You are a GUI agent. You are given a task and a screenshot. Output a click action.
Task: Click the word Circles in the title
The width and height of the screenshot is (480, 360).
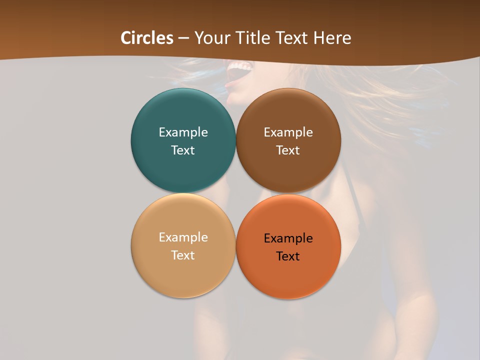tap(146, 38)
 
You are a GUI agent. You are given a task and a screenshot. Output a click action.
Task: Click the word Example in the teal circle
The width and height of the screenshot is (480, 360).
tap(183, 132)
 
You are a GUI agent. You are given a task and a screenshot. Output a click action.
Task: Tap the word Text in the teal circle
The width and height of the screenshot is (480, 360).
tap(183, 150)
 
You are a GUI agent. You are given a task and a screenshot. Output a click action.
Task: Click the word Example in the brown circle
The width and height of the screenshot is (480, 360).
tap(288, 132)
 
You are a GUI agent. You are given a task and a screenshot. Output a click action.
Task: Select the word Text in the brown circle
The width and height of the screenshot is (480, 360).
tap(288, 150)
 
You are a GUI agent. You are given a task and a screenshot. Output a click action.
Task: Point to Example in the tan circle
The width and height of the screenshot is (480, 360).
tap(183, 237)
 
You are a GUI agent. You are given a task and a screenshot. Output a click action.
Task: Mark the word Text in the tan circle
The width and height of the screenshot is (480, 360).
tap(183, 255)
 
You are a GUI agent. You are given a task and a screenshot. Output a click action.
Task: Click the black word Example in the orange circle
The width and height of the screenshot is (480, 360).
tap(288, 238)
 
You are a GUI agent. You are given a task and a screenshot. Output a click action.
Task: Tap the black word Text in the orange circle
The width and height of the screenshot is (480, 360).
tap(288, 256)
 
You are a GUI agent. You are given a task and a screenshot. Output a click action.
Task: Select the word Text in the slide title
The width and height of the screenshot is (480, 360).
tap(290, 38)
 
